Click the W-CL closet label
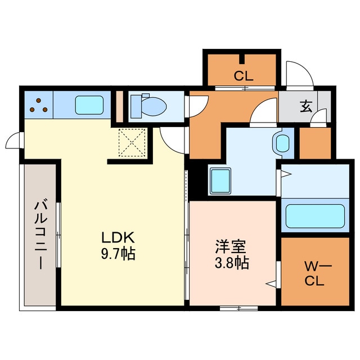[x=314, y=273]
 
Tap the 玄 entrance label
[x=305, y=106]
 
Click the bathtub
[x=314, y=215]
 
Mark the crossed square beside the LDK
[x=133, y=142]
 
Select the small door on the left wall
[x=15, y=141]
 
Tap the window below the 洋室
[x=238, y=308]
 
